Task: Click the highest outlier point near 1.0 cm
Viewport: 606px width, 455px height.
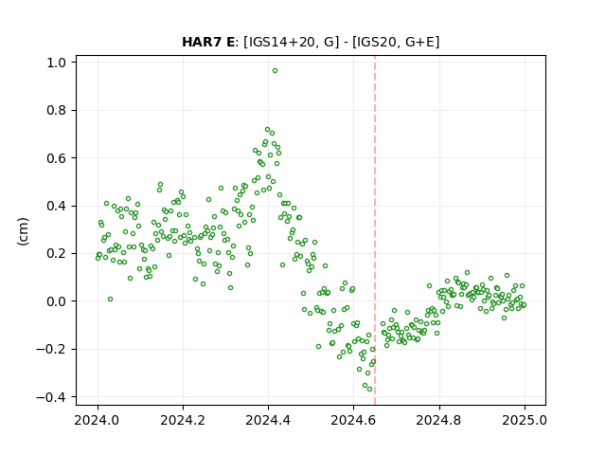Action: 275,71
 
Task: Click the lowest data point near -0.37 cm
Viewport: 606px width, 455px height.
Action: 369,390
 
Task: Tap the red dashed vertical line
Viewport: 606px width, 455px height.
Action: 375,230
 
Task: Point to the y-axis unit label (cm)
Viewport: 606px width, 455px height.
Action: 23,231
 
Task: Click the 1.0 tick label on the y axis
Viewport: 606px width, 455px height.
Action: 57,63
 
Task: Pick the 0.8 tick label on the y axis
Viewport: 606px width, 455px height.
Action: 57,111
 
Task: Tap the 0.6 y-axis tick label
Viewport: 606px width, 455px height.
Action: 57,158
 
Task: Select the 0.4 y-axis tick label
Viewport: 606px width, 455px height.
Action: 57,207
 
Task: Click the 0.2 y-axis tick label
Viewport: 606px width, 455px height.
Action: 57,254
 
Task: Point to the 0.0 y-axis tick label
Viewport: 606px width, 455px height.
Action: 57,301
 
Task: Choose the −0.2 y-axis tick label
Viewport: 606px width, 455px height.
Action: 51,350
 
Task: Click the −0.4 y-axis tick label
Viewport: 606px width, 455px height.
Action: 51,397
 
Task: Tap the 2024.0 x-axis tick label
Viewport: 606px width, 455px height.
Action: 98,420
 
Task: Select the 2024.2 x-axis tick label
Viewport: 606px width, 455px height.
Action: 183,420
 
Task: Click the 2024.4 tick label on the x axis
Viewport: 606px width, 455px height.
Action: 268,420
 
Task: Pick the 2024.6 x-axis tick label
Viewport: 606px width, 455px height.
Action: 353,420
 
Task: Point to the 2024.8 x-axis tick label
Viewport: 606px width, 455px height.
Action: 438,420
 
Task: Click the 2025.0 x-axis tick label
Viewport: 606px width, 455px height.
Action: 525,420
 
